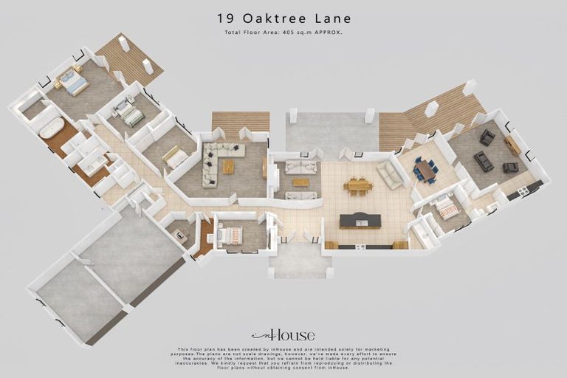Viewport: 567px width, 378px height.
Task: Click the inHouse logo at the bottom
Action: [283, 335]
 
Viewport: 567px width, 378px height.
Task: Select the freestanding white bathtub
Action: [52, 128]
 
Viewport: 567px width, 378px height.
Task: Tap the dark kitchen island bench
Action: [360, 220]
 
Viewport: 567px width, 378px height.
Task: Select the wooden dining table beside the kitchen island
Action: [358, 185]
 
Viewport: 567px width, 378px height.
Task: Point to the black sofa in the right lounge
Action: [483, 160]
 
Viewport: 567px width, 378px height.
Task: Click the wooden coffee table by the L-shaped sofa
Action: [229, 167]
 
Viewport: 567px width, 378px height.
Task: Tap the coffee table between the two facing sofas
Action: [300, 182]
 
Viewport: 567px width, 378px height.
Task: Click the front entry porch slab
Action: [300, 260]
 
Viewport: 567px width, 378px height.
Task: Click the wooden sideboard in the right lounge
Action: [512, 145]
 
